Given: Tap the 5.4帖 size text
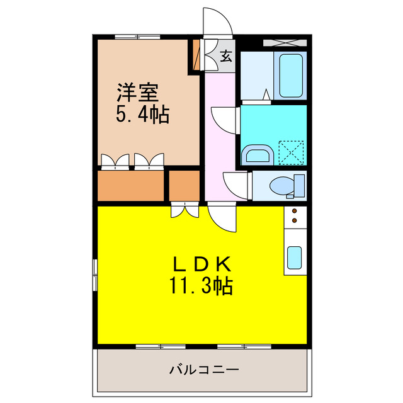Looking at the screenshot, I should (142, 115).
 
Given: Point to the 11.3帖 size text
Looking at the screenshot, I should (200, 287).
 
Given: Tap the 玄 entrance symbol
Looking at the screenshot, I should (226, 57).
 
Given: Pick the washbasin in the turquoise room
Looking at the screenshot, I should (258, 155).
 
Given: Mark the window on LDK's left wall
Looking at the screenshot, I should (95, 271).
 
